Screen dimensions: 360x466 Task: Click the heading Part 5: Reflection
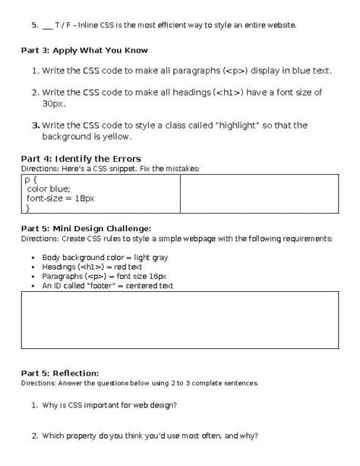(x=61, y=373)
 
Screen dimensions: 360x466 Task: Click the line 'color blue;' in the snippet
(x=49, y=188)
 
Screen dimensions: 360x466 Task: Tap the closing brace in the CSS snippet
(x=28, y=208)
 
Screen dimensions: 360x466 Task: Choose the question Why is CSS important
(x=110, y=404)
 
